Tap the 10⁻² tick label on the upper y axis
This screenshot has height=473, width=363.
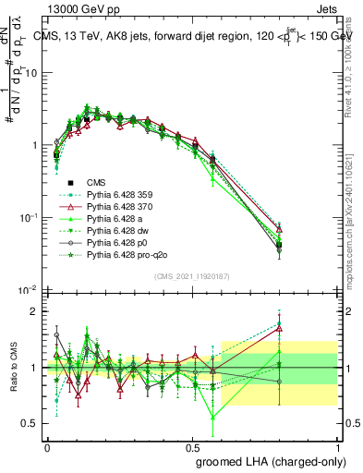point(30,290)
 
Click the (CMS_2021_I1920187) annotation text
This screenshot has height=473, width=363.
point(191,276)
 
